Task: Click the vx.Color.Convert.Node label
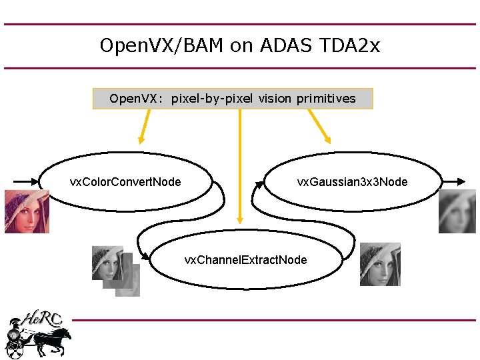(125, 182)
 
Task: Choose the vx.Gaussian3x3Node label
(352, 182)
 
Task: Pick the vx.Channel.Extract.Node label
(245, 259)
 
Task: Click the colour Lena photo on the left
(27, 211)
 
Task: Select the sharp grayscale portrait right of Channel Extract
(380, 264)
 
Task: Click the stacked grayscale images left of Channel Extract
(115, 270)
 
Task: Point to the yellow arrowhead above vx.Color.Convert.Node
(141, 139)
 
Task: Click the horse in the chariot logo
(53, 340)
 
